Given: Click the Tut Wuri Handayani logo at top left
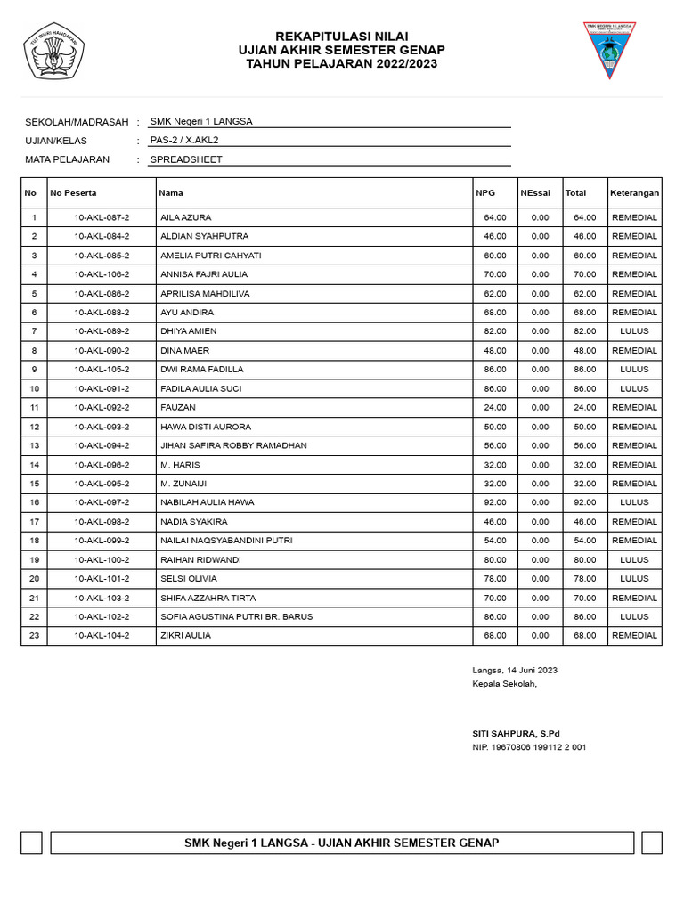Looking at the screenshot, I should coord(53,53).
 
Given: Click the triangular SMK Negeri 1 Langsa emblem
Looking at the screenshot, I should coord(609,49).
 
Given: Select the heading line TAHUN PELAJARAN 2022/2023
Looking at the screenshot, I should coord(342,64).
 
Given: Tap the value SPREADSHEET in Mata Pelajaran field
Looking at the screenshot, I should coord(186,159).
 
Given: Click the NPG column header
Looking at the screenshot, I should coord(484,192).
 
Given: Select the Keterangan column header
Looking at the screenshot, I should coord(634,192).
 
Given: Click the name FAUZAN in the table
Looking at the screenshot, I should coord(177,407).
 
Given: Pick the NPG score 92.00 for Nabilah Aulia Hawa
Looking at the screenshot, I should coord(494,502).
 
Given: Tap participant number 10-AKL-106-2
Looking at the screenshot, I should coord(102,274).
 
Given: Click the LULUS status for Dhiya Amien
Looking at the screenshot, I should coord(634,331).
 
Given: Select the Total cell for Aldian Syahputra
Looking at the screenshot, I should coord(584,236).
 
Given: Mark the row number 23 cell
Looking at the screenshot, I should coord(34,635).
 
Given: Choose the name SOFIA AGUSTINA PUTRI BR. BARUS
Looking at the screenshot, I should coord(236,616).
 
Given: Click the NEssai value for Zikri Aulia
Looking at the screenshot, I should coord(540,635).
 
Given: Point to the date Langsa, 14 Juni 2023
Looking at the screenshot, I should coord(515,670).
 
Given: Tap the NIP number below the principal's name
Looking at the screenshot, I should coord(529,747).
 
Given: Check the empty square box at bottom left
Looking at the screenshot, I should coord(31,843).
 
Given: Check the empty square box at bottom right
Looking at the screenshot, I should coord(652,843).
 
